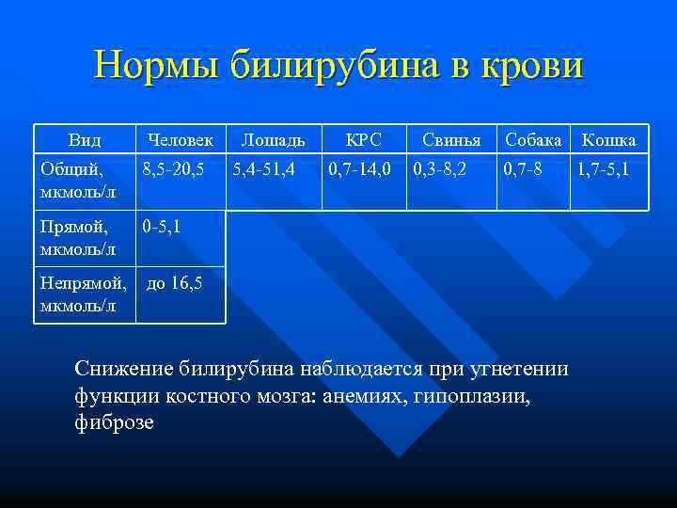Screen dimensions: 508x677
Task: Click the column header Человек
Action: [180, 140]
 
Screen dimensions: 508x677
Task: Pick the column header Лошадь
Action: [273, 140]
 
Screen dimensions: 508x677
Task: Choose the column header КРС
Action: [363, 140]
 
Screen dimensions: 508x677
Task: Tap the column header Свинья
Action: [451, 140]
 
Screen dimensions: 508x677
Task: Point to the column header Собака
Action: [534, 140]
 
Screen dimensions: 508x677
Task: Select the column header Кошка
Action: [608, 140]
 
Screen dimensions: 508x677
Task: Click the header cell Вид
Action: [85, 140]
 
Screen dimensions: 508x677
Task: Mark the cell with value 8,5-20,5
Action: [173, 170]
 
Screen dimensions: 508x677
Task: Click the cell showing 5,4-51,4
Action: [263, 170]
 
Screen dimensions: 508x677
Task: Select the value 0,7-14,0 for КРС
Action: [359, 170]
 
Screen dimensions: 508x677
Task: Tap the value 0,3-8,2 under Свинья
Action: [441, 170]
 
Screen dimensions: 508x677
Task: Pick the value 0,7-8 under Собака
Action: [523, 170]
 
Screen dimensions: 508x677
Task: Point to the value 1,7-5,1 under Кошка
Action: [605, 170]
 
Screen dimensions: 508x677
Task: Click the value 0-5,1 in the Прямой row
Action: [161, 227]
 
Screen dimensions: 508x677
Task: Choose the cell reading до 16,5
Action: [174, 282]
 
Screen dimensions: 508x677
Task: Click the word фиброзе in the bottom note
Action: [114, 422]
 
